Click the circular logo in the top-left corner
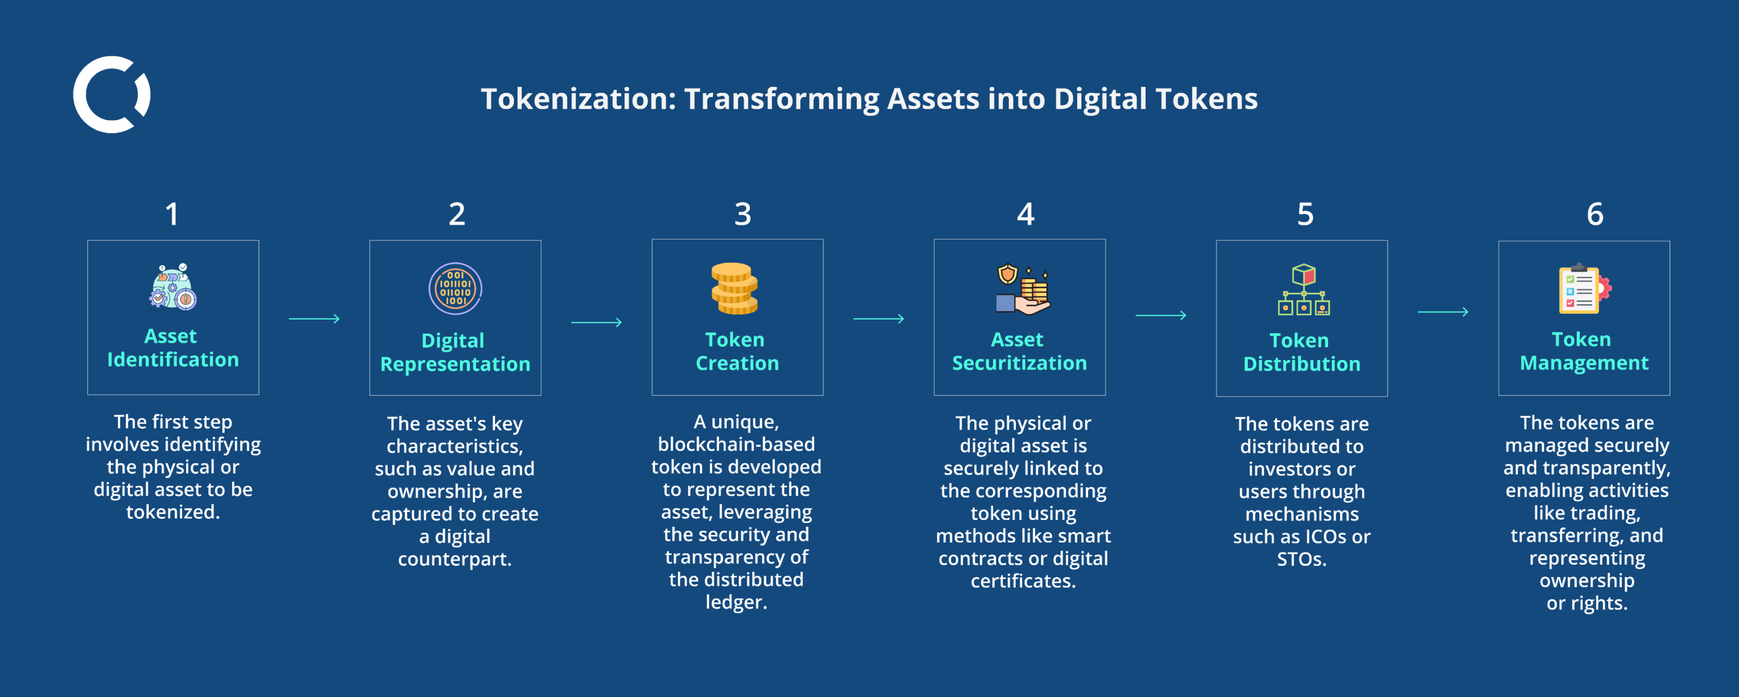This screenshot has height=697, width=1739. pyautogui.click(x=111, y=95)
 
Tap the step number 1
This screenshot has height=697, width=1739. pyautogui.click(x=172, y=215)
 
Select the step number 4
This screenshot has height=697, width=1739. pyautogui.click(x=1026, y=215)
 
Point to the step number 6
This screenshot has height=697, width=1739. pyautogui.click(x=1595, y=215)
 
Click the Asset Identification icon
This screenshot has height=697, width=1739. pyautogui.click(x=173, y=287)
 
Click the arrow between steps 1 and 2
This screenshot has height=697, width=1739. pyautogui.click(x=314, y=319)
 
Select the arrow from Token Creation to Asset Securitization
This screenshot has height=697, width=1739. pyautogui.click(x=878, y=319)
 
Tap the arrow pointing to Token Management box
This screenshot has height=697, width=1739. pyautogui.click(x=1443, y=312)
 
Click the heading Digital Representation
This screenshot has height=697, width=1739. pyautogui.click(x=455, y=352)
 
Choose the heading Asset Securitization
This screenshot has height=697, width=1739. pyautogui.click(x=1019, y=351)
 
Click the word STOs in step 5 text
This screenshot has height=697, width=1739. pyautogui.click(x=1301, y=559)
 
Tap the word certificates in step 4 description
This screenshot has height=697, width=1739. pyautogui.click(x=1022, y=581)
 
